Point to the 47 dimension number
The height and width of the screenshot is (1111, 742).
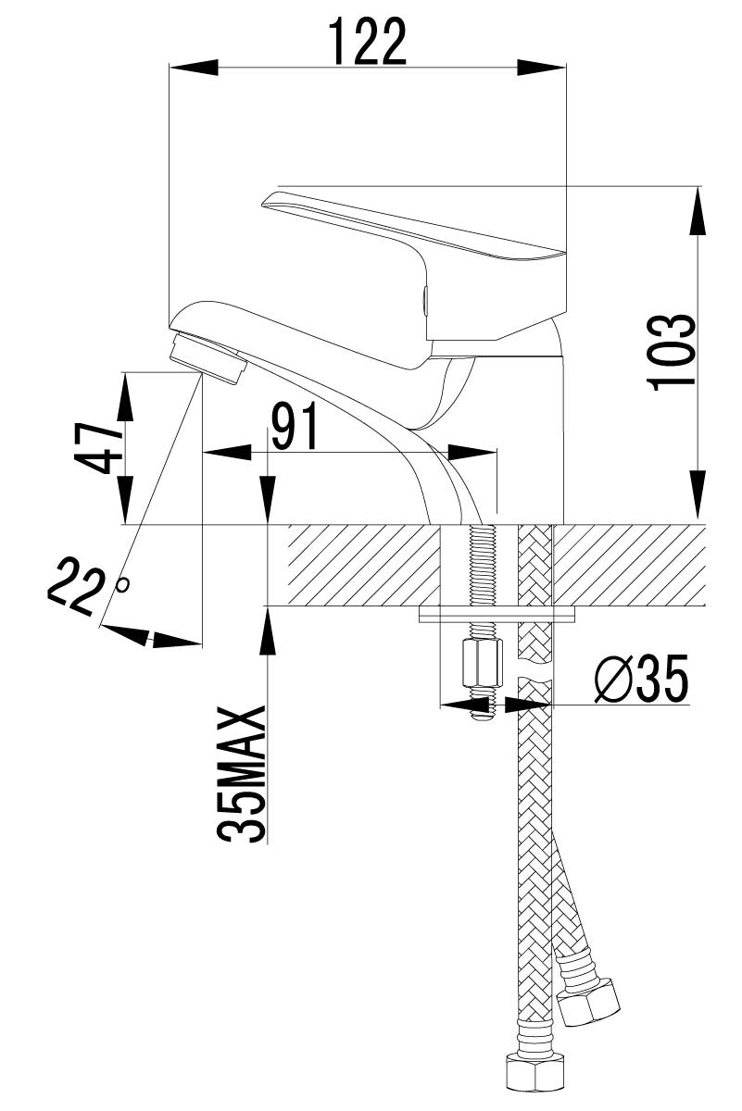(x=98, y=448)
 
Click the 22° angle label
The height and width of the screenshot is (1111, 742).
(x=86, y=585)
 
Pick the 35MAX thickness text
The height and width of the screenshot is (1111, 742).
(x=242, y=775)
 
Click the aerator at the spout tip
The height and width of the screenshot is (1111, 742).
(x=208, y=358)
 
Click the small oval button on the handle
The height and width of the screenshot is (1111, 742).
(x=423, y=300)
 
